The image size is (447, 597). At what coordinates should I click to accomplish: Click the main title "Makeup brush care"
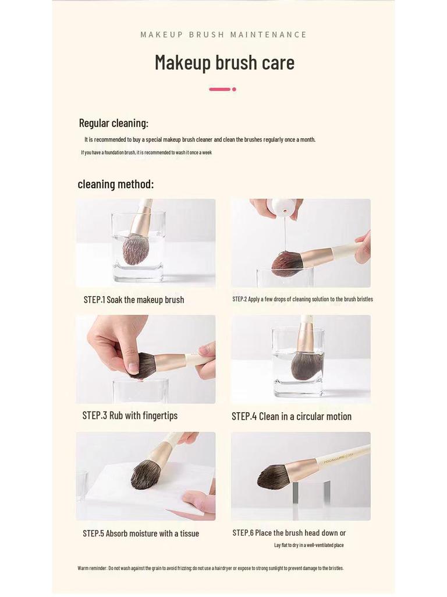coord(224,62)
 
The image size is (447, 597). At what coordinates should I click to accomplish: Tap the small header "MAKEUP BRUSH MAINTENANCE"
coord(223,34)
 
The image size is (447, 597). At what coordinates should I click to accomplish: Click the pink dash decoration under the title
coord(219,89)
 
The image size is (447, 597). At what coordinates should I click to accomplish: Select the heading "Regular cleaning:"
coord(113,123)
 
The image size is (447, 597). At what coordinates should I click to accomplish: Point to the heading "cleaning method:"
coord(116,184)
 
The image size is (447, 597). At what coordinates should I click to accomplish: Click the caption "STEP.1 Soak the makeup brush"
coord(134,300)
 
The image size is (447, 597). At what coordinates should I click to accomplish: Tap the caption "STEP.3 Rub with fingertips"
coord(130,416)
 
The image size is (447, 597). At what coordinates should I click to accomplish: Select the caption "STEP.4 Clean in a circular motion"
coord(291,416)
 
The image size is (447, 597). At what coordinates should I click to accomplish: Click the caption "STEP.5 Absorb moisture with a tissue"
coord(141,533)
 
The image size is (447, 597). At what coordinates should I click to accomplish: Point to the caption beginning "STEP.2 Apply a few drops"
coord(302,299)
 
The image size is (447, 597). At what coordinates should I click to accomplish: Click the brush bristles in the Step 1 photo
coord(135,249)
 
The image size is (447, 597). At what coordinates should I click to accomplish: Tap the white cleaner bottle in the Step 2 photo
coord(282,208)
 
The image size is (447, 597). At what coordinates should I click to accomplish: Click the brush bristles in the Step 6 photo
coord(273,477)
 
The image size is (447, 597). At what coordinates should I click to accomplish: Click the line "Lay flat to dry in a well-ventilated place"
coord(308,545)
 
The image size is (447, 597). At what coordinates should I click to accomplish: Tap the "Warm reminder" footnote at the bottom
coord(211,568)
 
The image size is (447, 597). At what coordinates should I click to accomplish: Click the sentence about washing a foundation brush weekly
coord(146,153)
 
